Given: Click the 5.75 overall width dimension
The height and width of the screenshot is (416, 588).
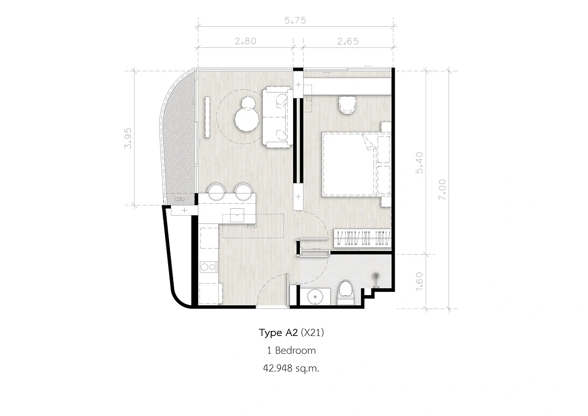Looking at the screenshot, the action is (295, 21).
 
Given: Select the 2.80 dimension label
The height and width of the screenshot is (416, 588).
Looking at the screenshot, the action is (245, 41).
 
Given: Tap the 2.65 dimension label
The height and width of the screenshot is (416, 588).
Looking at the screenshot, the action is (348, 41).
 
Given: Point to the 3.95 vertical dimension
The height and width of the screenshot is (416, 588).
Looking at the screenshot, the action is (128, 138).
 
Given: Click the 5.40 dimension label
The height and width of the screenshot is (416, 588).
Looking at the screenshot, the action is (419, 163).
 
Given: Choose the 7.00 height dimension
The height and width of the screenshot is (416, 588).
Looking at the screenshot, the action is (442, 190).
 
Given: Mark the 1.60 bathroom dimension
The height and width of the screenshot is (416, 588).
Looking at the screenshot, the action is (419, 281).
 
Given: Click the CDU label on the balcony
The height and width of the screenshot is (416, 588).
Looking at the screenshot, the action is (180, 199).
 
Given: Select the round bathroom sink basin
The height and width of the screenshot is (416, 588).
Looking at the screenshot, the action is (315, 297).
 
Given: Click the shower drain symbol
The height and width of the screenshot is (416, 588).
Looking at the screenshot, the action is (377, 276).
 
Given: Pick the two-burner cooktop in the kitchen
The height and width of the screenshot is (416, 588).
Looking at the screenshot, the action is (209, 267).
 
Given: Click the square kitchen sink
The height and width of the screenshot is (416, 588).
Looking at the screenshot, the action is (237, 215).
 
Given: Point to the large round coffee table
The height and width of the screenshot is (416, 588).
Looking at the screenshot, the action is (247, 120).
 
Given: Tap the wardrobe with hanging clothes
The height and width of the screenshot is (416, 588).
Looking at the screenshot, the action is (362, 238).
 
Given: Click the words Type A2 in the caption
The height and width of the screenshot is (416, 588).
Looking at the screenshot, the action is (278, 333).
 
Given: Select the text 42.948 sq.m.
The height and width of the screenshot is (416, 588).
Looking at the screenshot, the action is (291, 369).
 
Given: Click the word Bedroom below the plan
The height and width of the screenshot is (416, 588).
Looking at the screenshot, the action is (295, 351).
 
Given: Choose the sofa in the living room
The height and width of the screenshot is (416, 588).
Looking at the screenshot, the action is (278, 117).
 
